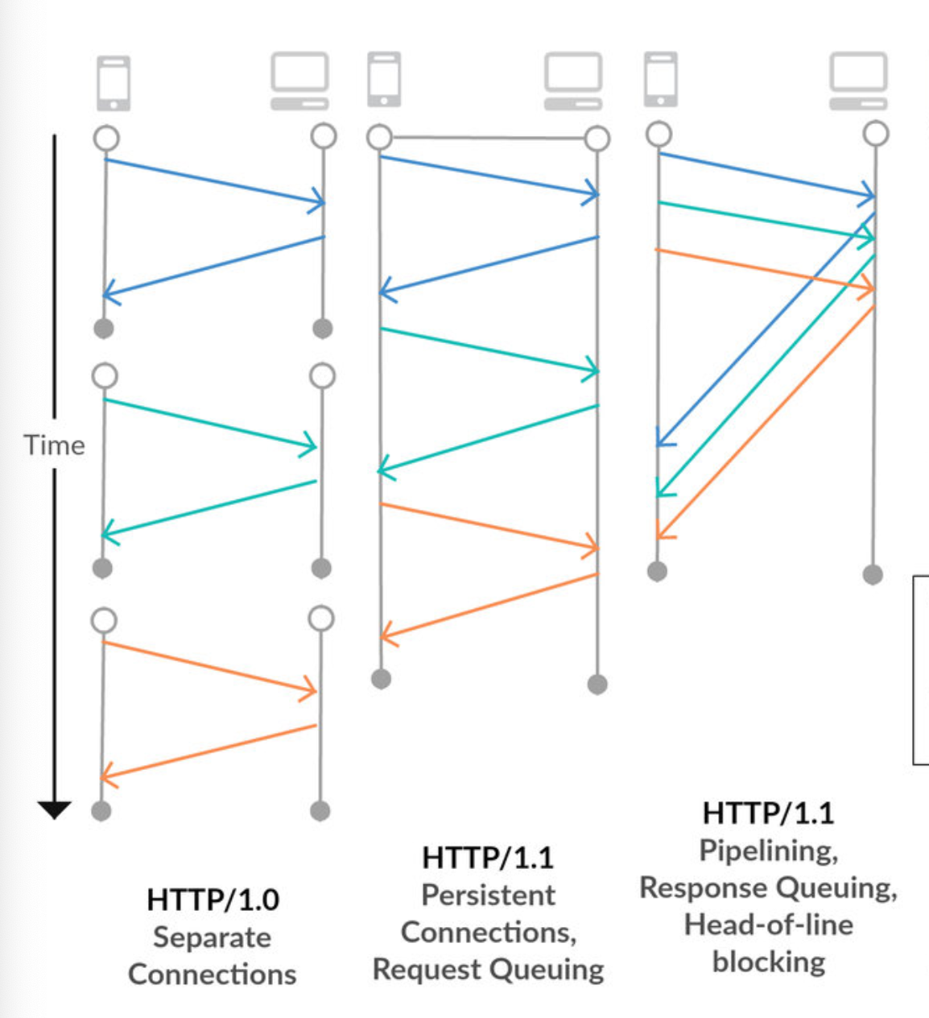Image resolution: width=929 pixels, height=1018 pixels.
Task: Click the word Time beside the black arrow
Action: (54, 445)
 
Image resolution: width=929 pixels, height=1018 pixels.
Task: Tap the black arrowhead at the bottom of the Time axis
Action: (54, 809)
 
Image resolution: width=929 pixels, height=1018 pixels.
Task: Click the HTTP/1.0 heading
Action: (213, 900)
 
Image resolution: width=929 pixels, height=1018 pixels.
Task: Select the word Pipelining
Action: (768, 850)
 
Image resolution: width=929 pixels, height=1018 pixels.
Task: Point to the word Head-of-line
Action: (768, 925)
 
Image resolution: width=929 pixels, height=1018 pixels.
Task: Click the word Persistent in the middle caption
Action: (488, 895)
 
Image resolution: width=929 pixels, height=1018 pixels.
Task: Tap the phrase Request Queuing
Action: (488, 969)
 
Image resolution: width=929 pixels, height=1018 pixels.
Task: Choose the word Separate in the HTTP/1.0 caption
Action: (213, 937)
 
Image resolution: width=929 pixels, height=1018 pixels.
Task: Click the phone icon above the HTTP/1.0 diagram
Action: (114, 83)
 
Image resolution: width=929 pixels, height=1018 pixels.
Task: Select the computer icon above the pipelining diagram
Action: (858, 81)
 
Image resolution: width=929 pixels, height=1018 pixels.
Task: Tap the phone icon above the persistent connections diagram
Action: (384, 80)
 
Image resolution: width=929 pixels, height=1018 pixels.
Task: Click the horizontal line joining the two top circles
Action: (488, 138)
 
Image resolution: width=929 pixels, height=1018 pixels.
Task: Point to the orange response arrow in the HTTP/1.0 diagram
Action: (209, 751)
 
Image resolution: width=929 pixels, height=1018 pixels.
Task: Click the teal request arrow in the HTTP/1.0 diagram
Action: (209, 423)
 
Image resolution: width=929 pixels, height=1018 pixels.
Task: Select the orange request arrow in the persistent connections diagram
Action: (488, 526)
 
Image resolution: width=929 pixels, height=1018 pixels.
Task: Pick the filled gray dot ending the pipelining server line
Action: (873, 574)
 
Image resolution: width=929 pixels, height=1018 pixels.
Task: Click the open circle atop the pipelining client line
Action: (659, 134)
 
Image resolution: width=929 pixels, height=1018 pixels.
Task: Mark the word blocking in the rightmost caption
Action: (768, 962)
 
